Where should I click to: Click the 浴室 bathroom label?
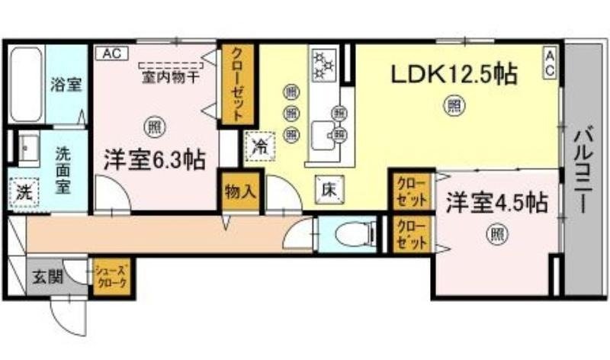(66, 84)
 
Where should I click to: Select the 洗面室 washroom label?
(63, 169)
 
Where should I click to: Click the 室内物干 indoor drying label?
(171, 76)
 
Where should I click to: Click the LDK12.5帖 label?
(454, 75)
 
